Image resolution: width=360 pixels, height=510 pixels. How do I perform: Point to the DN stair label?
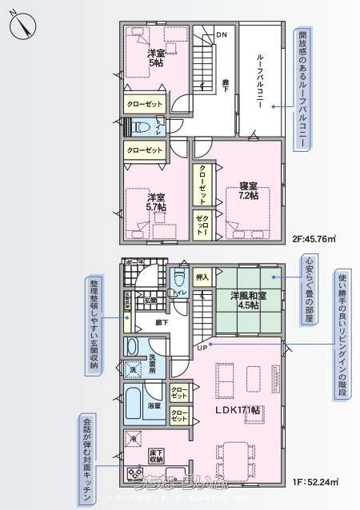[222, 34]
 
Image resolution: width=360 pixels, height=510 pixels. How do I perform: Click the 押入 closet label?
[202, 277]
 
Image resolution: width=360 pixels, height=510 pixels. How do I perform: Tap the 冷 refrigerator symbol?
[133, 438]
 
